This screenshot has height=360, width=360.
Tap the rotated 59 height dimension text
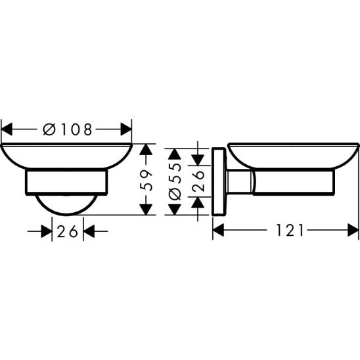click(149, 179)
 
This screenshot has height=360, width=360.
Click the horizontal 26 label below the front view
click(68, 231)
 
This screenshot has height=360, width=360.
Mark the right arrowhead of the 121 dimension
click(353, 230)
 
